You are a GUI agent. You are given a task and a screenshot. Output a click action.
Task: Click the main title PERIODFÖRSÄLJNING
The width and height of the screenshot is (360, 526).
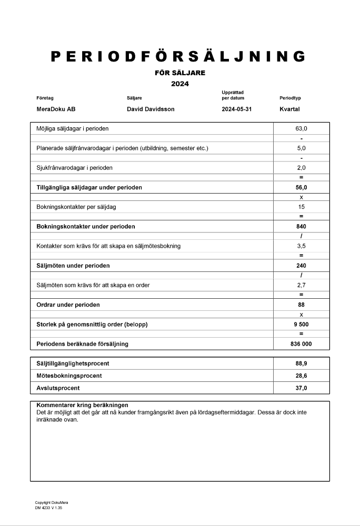coord(178,56)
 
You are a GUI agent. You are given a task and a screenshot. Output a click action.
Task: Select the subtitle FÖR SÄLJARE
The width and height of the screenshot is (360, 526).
coord(179,73)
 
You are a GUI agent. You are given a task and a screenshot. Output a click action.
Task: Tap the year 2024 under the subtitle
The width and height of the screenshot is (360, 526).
coord(179,84)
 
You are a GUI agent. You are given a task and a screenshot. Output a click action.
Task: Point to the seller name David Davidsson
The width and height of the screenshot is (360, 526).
coord(151,109)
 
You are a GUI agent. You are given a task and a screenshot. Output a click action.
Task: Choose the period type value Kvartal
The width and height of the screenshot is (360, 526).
coord(289,109)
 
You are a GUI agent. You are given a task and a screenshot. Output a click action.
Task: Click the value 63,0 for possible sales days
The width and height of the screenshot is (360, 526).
coord(301,128)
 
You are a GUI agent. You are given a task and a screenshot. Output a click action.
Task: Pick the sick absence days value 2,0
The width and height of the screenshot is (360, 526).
coord(301,168)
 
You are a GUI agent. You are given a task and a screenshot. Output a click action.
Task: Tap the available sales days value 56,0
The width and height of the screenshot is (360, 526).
coord(301,187)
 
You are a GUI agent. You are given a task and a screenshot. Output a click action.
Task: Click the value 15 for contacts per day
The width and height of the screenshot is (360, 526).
coord(301,207)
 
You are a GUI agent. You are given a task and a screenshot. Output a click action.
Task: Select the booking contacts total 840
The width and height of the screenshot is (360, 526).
coord(301,227)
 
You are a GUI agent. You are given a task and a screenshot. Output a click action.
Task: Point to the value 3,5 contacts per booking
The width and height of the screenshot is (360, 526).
coord(301,246)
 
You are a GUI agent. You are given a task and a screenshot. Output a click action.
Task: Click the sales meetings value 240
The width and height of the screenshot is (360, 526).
coord(301,266)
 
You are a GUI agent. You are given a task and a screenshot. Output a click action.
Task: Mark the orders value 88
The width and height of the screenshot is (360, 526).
coord(301,305)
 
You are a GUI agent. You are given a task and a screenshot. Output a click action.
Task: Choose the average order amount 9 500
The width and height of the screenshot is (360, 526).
coord(301,325)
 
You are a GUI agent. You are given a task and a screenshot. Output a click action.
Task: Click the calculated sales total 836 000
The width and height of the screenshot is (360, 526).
coord(301,344)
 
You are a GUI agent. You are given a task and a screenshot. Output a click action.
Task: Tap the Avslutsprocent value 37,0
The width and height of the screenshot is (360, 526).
coord(301,388)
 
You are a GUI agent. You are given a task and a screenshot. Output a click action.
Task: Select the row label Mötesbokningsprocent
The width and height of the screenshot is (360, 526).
coord(69,376)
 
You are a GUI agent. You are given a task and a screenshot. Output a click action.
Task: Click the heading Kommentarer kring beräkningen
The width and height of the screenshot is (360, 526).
coord(82,405)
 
